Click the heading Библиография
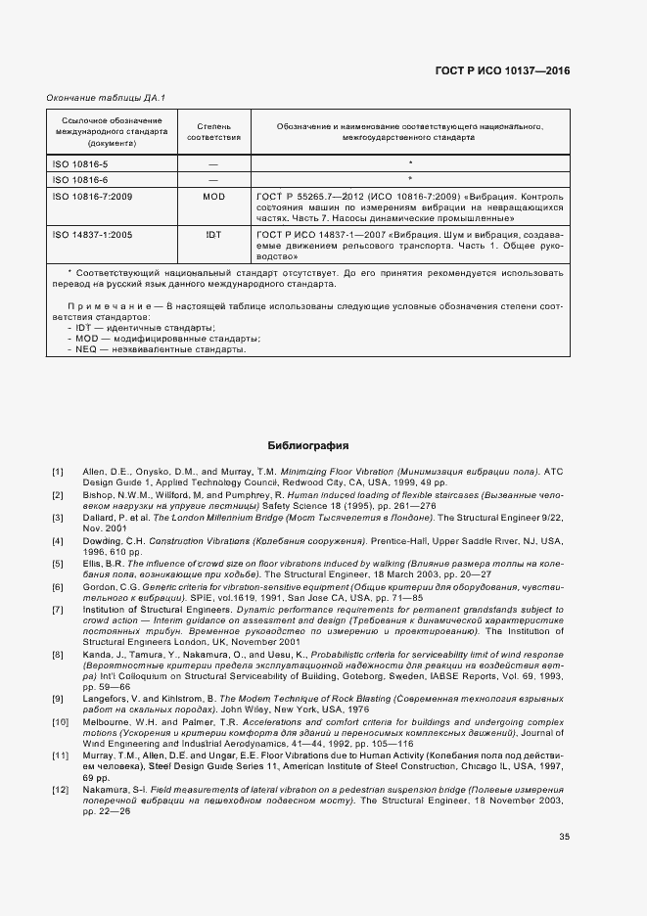pyautogui.click(x=307, y=446)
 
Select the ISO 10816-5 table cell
pyautogui.click(x=80, y=164)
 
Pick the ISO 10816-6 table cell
pyautogui.click(x=80, y=181)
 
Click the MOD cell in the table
pyautogui.click(x=212, y=197)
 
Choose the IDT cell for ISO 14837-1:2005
pyautogui.click(x=212, y=236)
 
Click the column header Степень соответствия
pyautogui.click(x=212, y=133)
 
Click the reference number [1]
pyautogui.click(x=58, y=473)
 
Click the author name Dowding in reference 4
pyautogui.click(x=103, y=541)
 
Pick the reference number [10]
pyautogui.click(x=60, y=721)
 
